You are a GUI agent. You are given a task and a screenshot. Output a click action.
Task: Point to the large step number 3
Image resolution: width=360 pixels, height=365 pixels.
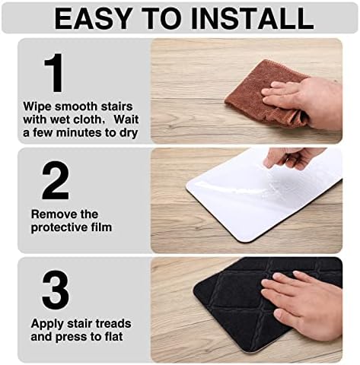click(54, 290)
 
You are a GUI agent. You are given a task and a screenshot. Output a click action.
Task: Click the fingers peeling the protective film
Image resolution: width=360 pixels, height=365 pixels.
click(292, 157)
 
